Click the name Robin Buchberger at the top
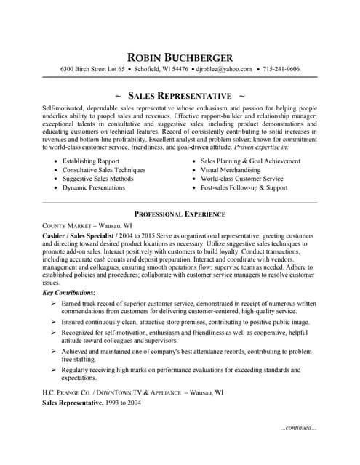(180, 57)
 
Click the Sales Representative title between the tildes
(180, 96)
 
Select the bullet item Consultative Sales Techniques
(104, 170)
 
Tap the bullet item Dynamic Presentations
(94, 187)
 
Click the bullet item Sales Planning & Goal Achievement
(250, 161)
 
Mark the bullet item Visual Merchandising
(230, 170)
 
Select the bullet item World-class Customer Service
(242, 179)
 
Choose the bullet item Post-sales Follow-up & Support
(244, 187)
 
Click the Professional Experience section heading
(180, 214)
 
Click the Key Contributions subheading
(68, 292)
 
